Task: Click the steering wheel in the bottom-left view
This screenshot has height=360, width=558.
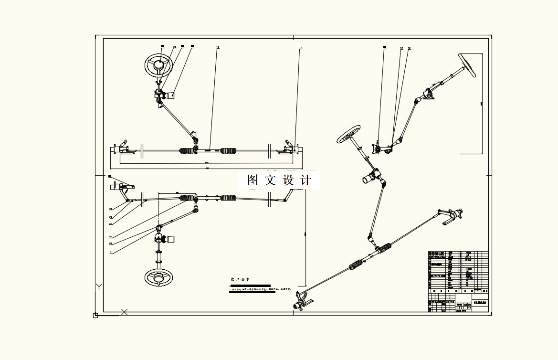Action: [158, 277]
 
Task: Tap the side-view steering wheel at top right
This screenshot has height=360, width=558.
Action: [468, 65]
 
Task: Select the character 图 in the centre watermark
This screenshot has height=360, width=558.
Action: [253, 180]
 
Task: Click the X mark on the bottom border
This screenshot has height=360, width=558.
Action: [125, 312]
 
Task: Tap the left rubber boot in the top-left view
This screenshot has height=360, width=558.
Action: [187, 151]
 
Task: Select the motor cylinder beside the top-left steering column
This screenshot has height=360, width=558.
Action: [169, 95]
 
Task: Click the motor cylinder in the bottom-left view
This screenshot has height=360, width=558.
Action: [169, 239]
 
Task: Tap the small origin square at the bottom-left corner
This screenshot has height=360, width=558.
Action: [95, 315]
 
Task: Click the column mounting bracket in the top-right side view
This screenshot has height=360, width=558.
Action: [428, 95]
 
